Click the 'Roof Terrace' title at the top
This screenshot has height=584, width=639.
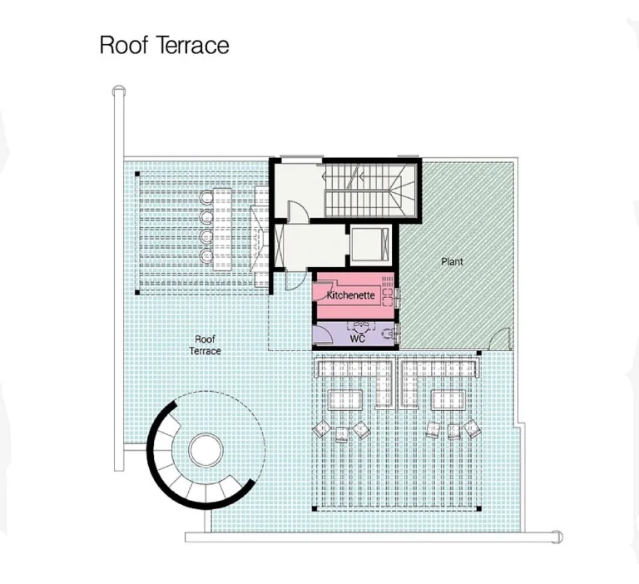point(164,44)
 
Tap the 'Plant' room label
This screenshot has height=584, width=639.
point(452,261)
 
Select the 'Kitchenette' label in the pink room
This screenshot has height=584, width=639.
point(349,295)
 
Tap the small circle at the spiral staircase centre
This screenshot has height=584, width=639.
point(206,450)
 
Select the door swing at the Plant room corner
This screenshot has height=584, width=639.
point(499,339)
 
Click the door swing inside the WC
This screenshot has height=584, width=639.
point(323,334)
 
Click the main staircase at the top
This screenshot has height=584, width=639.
point(366,189)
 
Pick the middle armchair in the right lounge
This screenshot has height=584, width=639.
point(453,431)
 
